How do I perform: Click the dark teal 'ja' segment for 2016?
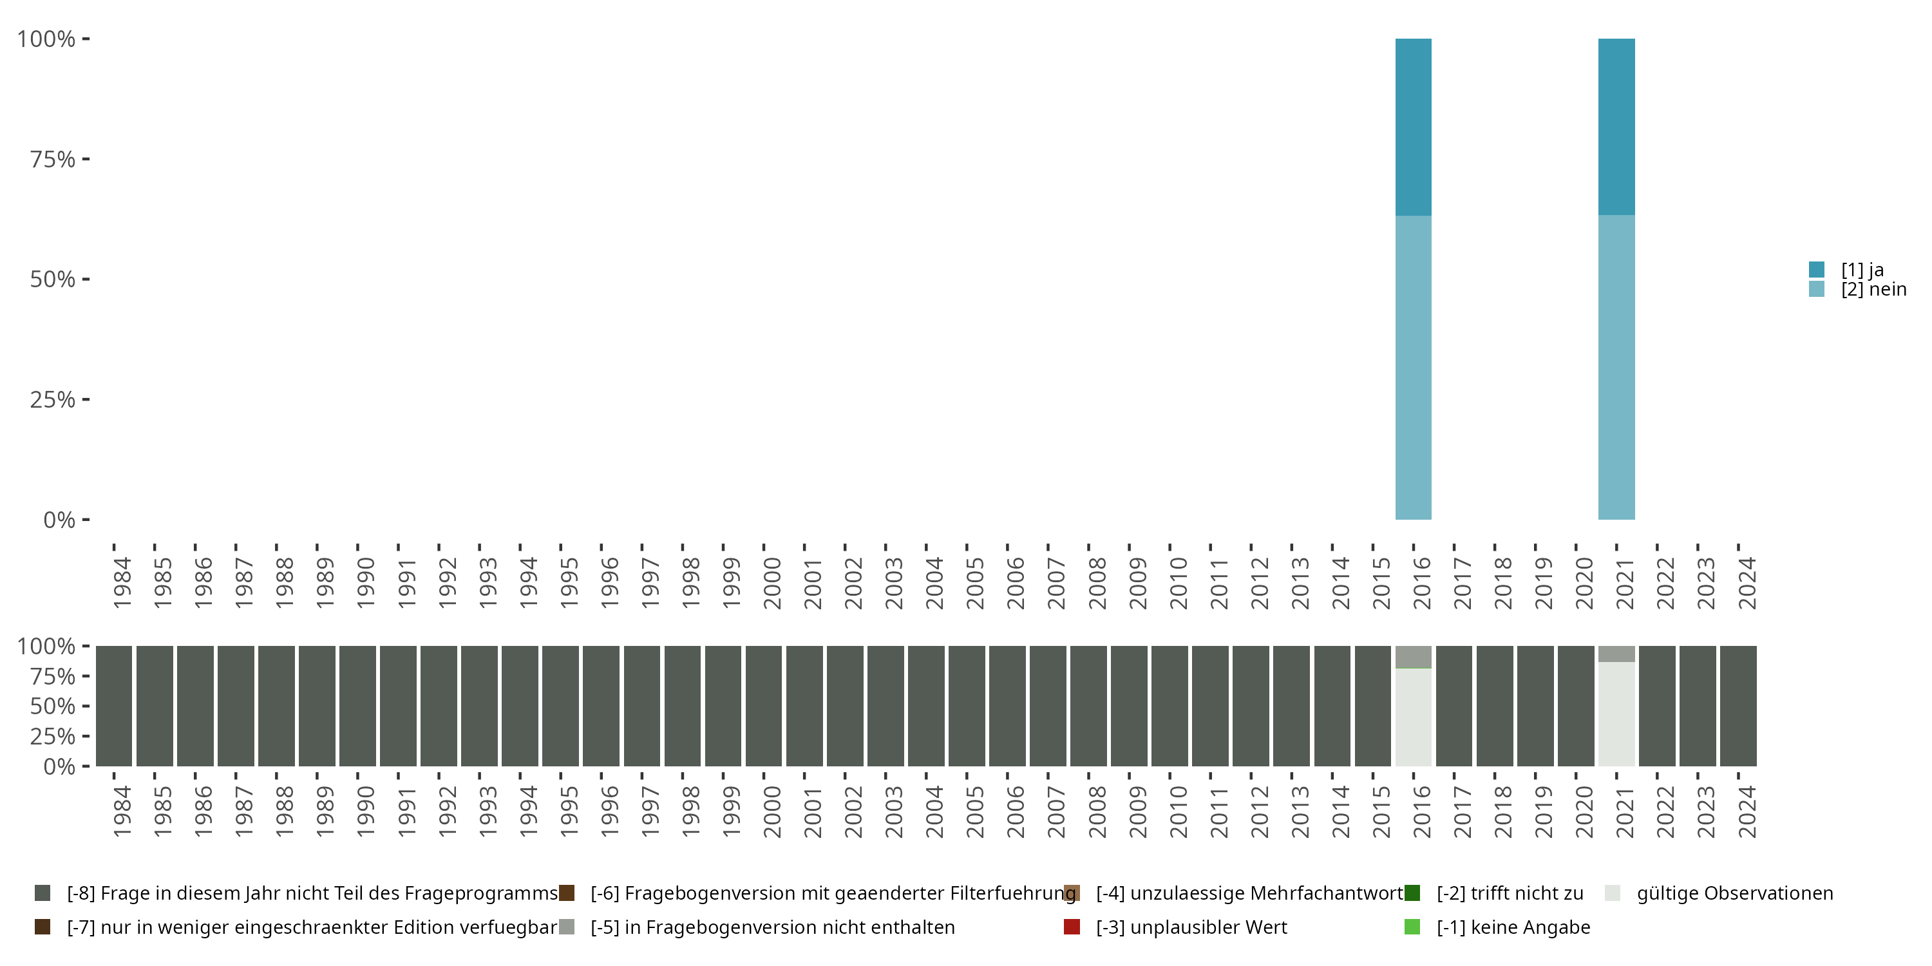[1413, 128]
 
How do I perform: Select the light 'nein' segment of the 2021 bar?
[1616, 368]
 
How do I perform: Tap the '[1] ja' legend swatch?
[1817, 269]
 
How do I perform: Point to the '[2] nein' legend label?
[1873, 290]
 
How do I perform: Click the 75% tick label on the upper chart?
[53, 159]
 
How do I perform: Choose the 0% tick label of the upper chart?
[59, 520]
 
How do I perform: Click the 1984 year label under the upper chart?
[122, 583]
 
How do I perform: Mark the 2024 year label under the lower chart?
[1747, 811]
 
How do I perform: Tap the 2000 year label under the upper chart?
[772, 583]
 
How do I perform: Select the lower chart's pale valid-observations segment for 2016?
[1413, 716]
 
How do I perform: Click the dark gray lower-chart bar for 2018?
[1495, 706]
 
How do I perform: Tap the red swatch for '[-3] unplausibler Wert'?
[1072, 927]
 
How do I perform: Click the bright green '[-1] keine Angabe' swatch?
[1412, 927]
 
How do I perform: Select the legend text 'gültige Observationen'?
[1735, 893]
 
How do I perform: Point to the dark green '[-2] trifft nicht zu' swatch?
[1412, 893]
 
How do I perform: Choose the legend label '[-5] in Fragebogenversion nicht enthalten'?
[773, 927]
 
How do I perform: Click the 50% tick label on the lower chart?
[53, 706]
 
